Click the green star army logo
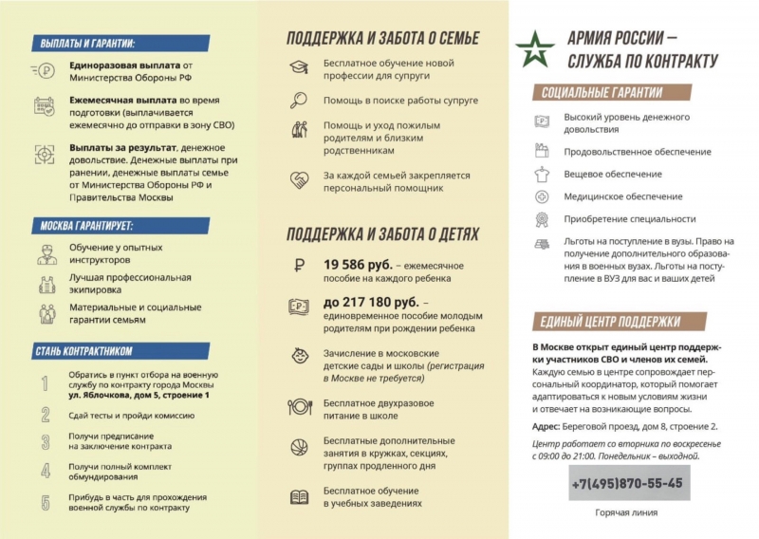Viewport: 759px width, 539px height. [535, 50]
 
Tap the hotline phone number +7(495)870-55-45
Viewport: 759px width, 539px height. [627, 483]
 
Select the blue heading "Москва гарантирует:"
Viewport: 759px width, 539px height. [85, 227]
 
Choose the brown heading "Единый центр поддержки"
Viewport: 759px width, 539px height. [608, 321]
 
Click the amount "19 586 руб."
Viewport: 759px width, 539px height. [357, 265]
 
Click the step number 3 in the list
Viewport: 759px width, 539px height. [45, 442]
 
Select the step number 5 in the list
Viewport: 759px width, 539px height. [45, 503]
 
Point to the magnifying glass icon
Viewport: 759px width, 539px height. [299, 99]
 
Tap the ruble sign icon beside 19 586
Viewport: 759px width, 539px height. [298, 267]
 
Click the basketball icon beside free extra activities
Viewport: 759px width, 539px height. [298, 450]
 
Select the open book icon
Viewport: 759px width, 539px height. [298, 496]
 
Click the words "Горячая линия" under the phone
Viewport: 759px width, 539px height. [626, 513]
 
